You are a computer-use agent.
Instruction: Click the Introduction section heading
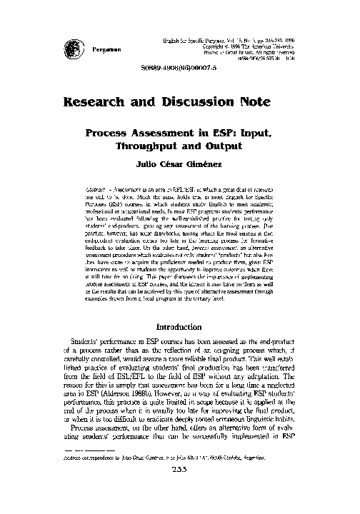pos(181,327)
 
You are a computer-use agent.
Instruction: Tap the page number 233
pos(180,489)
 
